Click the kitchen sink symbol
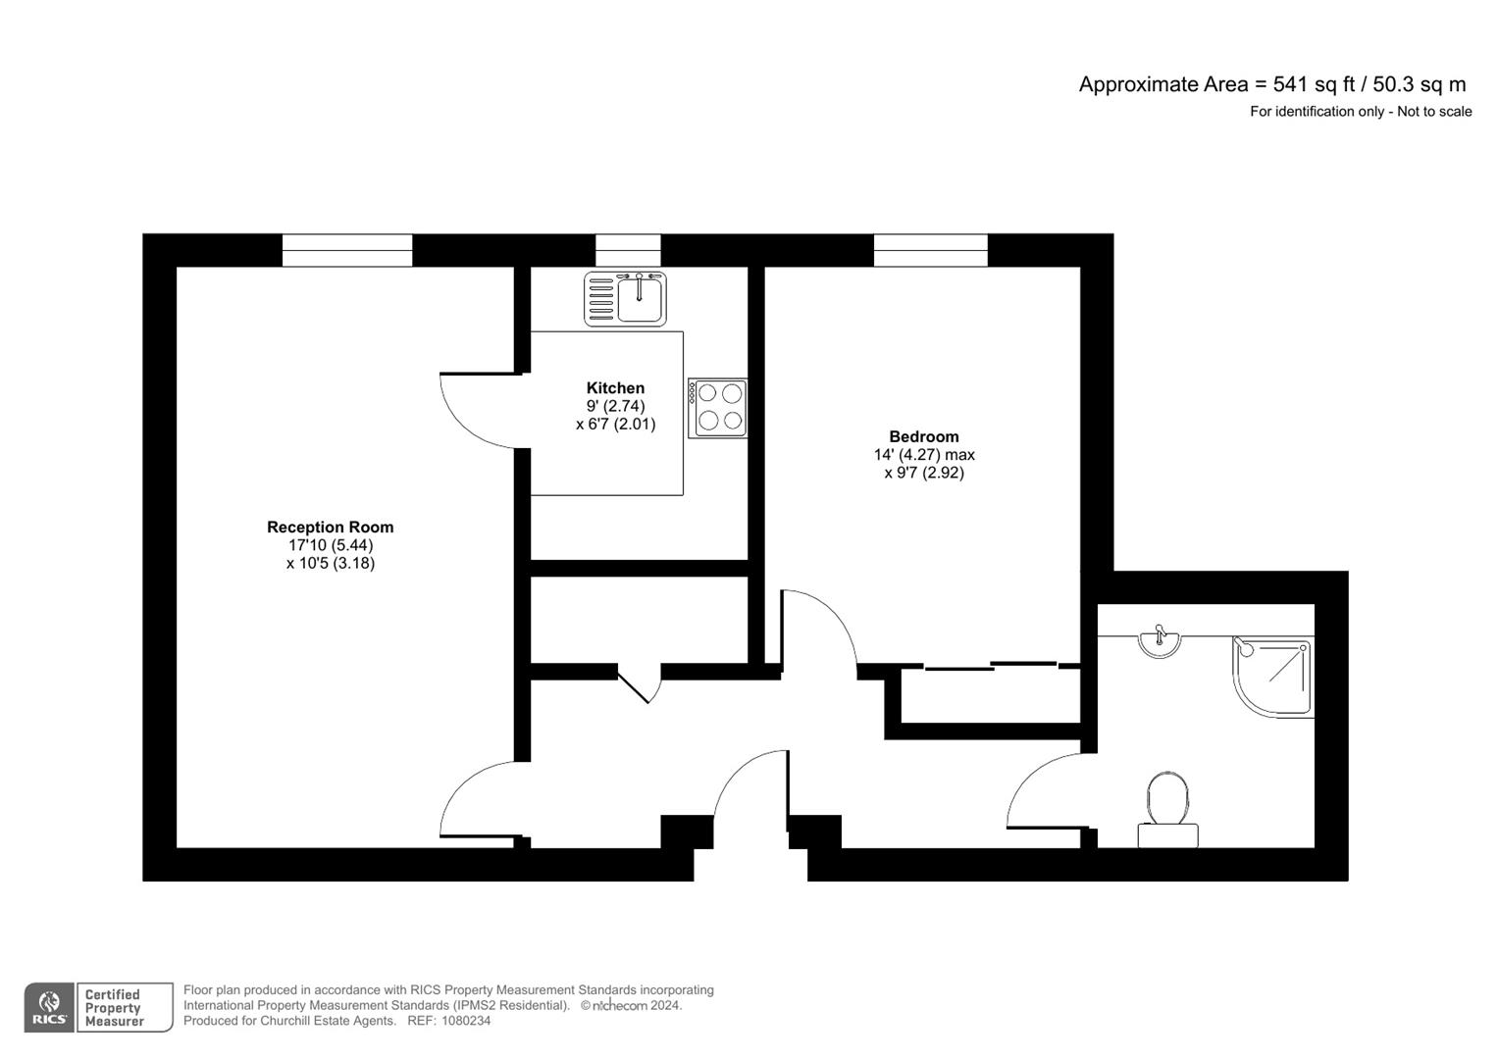626,298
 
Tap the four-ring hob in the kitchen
718,408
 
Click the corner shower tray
1271,676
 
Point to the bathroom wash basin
1160,643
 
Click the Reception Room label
330,528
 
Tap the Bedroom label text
923,437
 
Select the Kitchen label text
615,388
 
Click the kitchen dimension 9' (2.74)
615,406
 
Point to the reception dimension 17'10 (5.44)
330,545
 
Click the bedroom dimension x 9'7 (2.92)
923,473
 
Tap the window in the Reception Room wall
347,250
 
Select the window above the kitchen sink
628,250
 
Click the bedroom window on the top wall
930,250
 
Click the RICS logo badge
50,1007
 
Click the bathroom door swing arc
1040,784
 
